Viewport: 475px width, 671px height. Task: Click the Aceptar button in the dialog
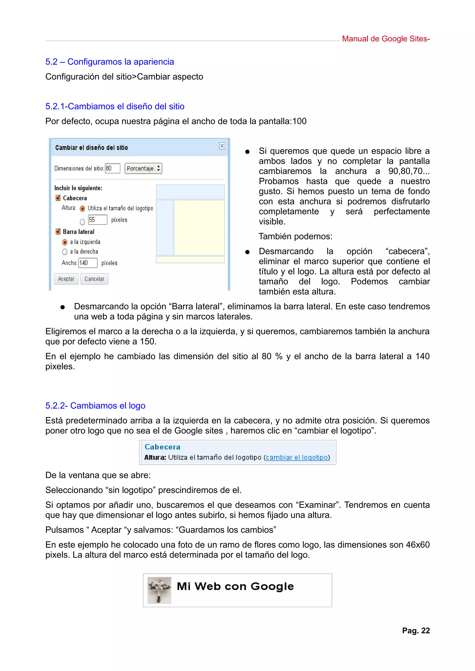[66, 279]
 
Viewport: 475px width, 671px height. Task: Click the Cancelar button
[94, 279]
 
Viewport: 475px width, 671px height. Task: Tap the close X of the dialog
[222, 146]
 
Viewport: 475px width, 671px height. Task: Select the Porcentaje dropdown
[143, 168]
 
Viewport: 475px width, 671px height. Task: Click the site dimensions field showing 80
[112, 168]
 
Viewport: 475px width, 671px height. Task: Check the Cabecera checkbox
[58, 198]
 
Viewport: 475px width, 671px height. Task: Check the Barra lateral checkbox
[58, 232]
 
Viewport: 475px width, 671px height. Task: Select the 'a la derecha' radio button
[65, 252]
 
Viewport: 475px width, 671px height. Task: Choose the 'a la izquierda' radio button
[65, 242]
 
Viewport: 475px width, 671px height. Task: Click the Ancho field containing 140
[87, 263]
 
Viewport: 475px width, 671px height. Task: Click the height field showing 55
[97, 220]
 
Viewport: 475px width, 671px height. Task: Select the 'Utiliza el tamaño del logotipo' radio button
[82, 208]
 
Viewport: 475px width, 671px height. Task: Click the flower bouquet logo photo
[159, 590]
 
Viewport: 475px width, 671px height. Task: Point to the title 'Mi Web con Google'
[235, 586]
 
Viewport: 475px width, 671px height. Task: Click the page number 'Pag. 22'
[416, 631]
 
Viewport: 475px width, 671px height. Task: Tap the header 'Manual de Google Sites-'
[385, 39]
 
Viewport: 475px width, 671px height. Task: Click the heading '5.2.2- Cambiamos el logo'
[95, 406]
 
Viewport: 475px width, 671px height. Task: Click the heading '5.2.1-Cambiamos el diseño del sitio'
[115, 106]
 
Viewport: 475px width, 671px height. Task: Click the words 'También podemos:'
[295, 236]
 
